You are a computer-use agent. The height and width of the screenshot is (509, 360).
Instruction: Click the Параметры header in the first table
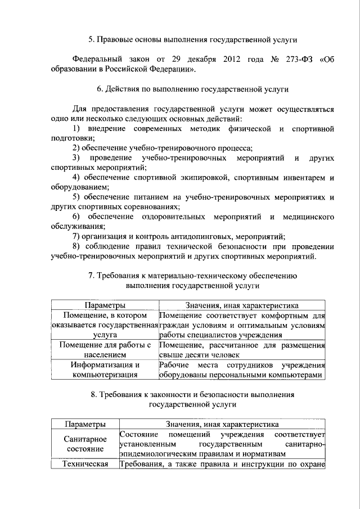[x=105, y=305]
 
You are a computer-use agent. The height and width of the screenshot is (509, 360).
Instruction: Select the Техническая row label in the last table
[x=84, y=464]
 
